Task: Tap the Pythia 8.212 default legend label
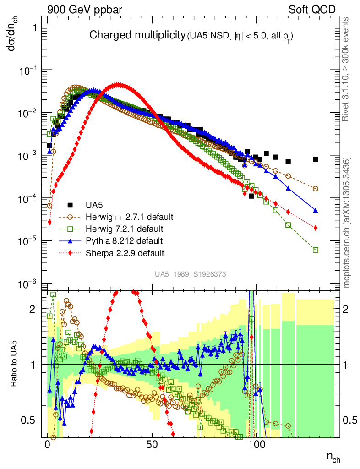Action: [124, 240]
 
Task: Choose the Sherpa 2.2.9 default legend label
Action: [125, 252]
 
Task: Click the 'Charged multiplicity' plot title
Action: [136, 35]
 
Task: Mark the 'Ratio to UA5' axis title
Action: [15, 364]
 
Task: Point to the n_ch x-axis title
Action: [333, 457]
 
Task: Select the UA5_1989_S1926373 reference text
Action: [190, 274]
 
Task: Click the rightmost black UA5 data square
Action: [316, 159]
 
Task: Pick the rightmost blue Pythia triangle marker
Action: [316, 210]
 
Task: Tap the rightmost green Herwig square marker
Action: [316, 250]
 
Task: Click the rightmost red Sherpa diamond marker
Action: [316, 228]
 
